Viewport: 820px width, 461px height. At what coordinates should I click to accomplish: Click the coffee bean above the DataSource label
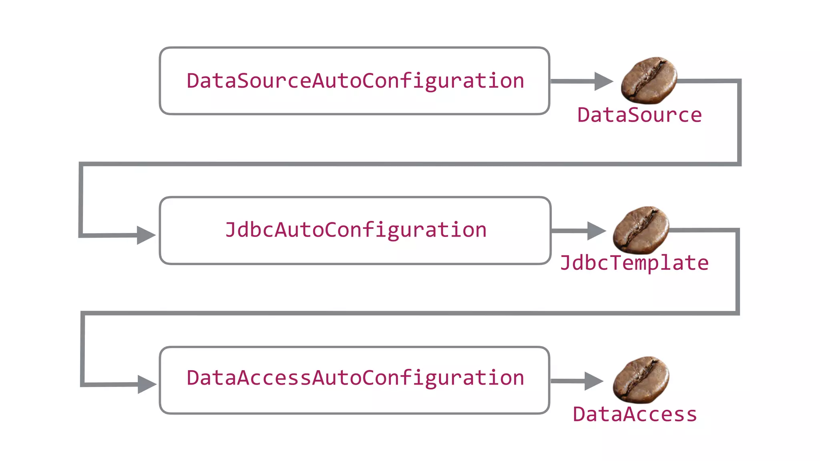pyautogui.click(x=649, y=80)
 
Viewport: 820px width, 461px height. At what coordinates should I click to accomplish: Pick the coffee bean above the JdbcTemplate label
pyautogui.click(x=641, y=230)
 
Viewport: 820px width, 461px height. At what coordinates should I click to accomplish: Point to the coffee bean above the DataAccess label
pyautogui.click(x=641, y=379)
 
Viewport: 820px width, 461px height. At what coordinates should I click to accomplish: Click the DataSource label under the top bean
pyautogui.click(x=639, y=115)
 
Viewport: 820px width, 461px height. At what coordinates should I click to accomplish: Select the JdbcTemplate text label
pyautogui.click(x=634, y=263)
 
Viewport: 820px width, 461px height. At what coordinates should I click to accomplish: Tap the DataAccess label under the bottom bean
pyautogui.click(x=635, y=415)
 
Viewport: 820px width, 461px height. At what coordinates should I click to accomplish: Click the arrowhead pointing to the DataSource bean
pyautogui.click(x=603, y=81)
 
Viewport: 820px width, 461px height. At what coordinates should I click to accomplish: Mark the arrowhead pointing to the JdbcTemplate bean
pyautogui.click(x=596, y=231)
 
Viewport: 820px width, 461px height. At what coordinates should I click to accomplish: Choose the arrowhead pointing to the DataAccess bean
pyautogui.click(x=593, y=381)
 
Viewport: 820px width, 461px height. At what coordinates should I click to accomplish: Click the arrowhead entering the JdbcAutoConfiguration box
pyautogui.click(x=145, y=235)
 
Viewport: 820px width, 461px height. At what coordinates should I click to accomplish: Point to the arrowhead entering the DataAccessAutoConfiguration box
pyautogui.click(x=146, y=384)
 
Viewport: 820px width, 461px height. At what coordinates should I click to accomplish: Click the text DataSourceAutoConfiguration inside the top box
pyautogui.click(x=355, y=81)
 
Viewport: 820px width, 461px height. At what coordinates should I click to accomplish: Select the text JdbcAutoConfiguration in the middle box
pyautogui.click(x=356, y=230)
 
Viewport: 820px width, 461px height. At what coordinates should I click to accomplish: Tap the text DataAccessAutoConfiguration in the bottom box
pyautogui.click(x=355, y=378)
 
